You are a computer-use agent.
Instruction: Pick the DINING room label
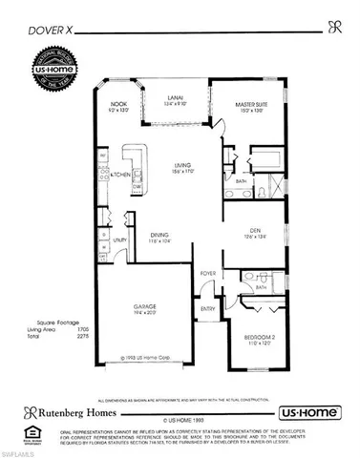(161, 237)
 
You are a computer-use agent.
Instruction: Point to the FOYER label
(208, 275)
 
